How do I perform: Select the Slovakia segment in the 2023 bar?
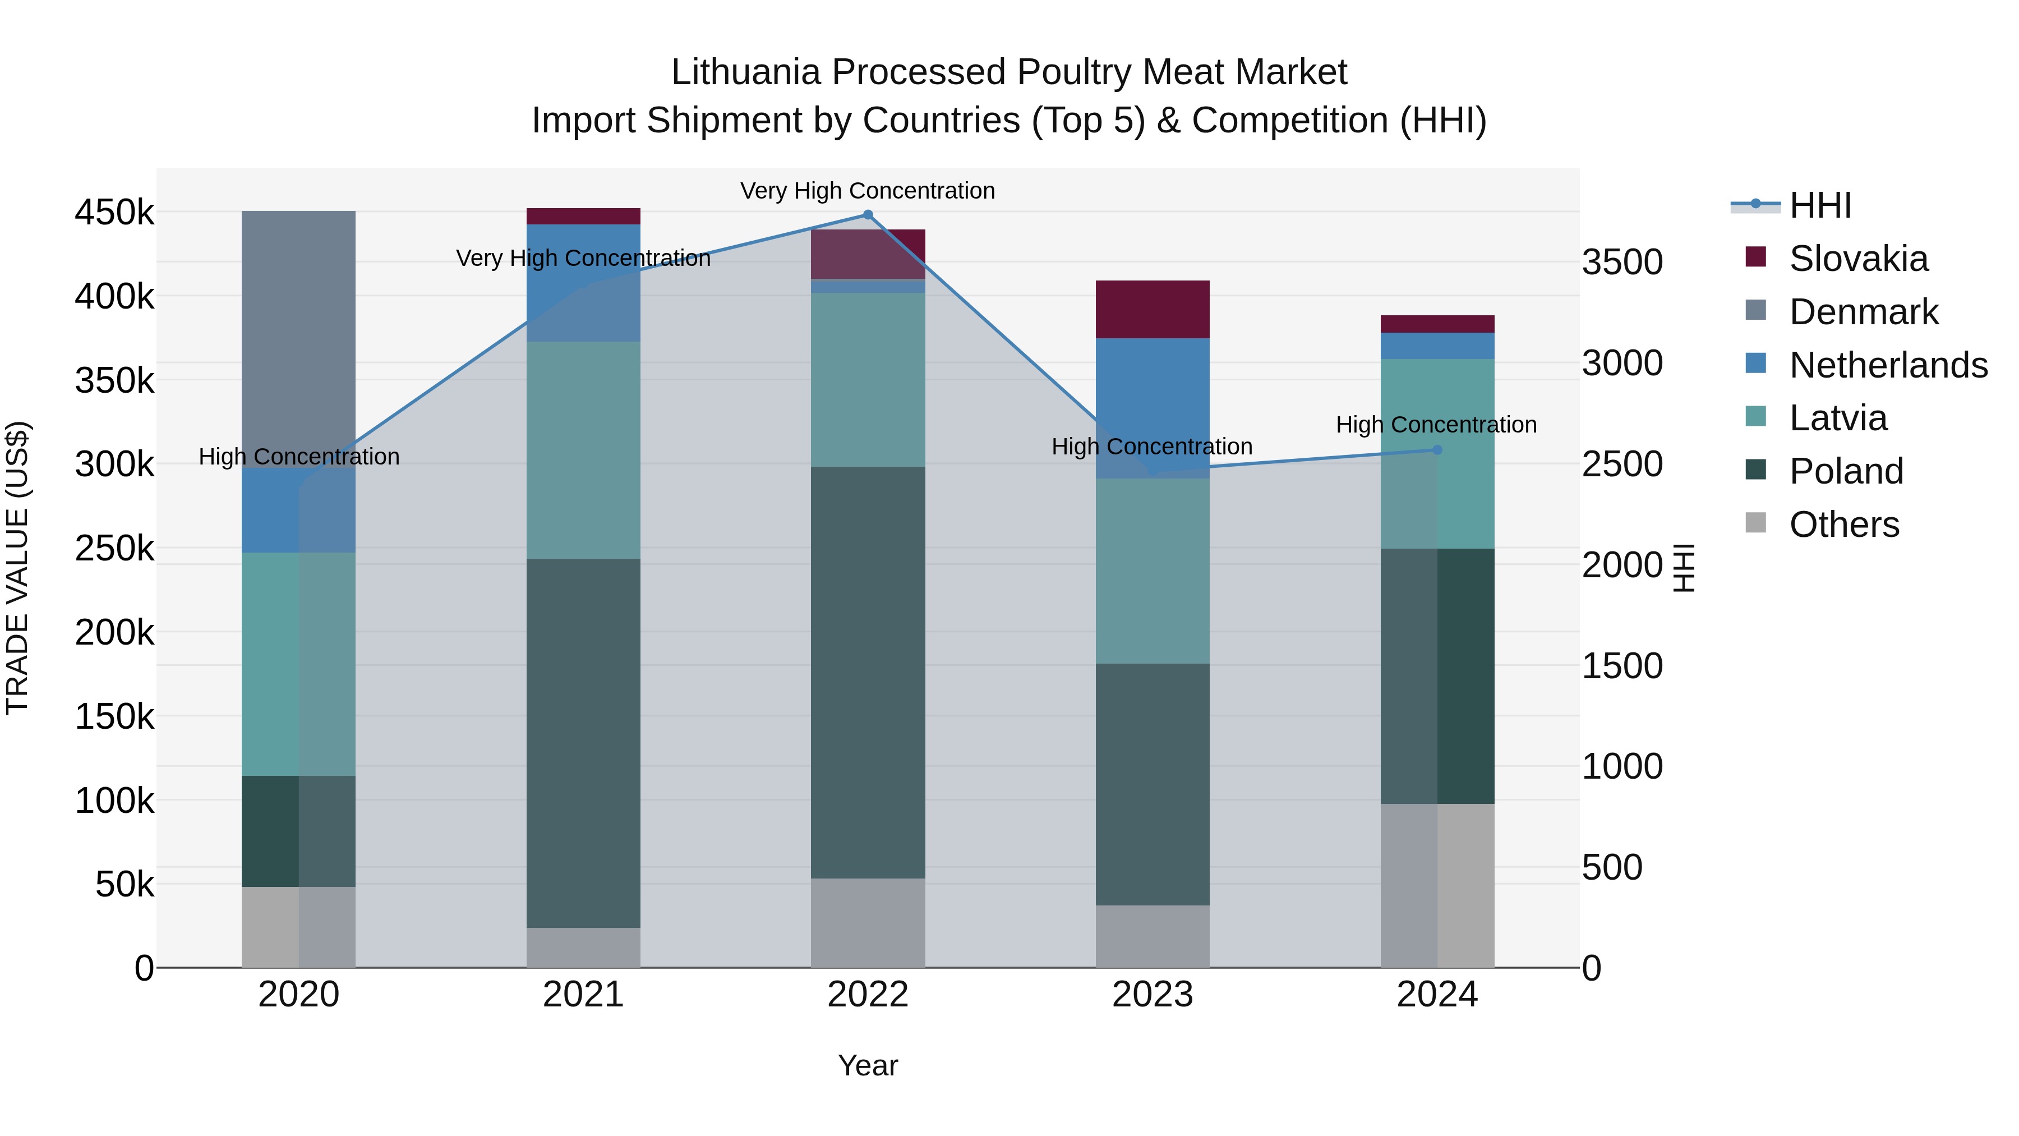coord(1152,309)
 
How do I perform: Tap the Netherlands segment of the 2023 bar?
coord(1152,408)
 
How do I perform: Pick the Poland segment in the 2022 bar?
coord(868,672)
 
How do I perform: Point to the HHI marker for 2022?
coord(868,215)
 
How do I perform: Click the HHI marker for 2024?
coord(1437,450)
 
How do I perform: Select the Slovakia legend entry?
coord(1857,259)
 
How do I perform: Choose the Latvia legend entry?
coord(1837,418)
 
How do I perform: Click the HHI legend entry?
coord(1820,205)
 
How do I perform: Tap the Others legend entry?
coord(1843,525)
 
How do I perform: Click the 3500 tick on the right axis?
coord(1621,262)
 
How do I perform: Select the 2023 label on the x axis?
coord(1152,995)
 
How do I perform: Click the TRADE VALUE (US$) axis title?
coord(18,568)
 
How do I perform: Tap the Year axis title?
coord(868,1065)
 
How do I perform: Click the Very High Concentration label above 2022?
coord(868,191)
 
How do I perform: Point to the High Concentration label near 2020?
coord(298,456)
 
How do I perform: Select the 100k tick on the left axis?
coord(114,801)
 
